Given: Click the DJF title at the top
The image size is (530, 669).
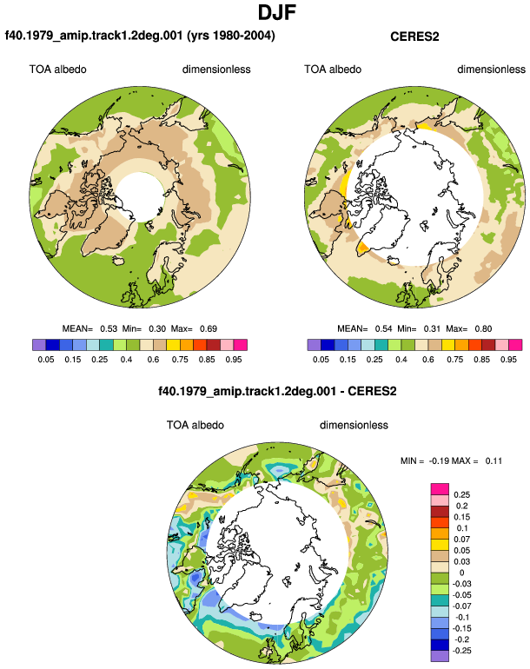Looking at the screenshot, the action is [x=277, y=12].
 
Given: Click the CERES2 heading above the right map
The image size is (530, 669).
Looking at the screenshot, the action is [x=414, y=36].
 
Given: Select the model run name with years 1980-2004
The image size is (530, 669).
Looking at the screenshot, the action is [x=140, y=36].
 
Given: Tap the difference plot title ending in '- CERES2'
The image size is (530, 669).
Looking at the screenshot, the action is [x=277, y=391].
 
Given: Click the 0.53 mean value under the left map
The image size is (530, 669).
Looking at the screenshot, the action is [x=109, y=329].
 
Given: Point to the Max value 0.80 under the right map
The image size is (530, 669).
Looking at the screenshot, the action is [x=483, y=329].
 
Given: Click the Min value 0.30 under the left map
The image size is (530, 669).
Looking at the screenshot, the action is [x=157, y=329].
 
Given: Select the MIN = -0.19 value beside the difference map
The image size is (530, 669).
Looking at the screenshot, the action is [x=439, y=460].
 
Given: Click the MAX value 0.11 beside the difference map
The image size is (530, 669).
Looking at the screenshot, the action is [x=494, y=460].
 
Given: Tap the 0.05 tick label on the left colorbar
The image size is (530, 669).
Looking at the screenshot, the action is [x=46, y=360].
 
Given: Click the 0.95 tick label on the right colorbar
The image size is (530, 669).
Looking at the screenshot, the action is [x=508, y=360].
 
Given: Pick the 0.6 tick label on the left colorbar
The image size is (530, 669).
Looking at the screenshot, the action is [x=153, y=360].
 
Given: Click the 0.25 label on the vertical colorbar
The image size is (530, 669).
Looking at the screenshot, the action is [x=461, y=495].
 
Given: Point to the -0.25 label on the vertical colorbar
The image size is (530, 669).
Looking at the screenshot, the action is [x=460, y=651].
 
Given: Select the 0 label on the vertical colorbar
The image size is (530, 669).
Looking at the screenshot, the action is [x=461, y=573].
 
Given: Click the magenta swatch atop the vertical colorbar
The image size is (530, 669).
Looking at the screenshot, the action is [x=440, y=489].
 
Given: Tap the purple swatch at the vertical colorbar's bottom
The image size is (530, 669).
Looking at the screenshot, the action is [x=440, y=656].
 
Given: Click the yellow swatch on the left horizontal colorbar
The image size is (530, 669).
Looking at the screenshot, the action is [x=173, y=345].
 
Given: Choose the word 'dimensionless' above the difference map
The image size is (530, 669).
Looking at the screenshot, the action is [x=354, y=425].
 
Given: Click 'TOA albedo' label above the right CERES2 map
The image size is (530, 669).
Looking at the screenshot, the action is [x=333, y=70].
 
